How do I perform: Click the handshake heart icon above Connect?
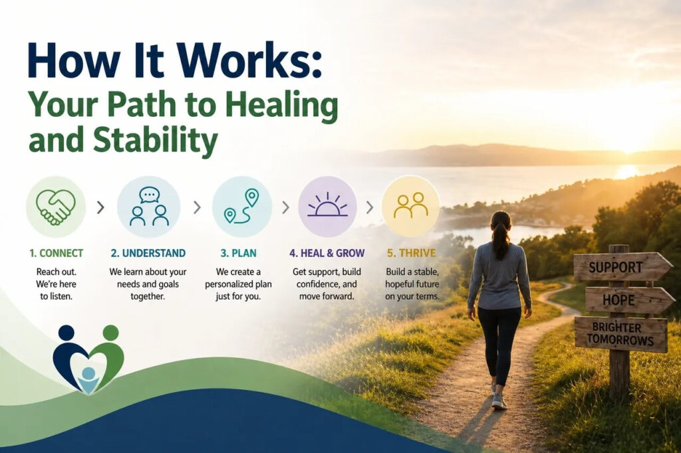56,207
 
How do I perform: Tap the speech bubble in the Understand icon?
150,195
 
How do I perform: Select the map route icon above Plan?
241,206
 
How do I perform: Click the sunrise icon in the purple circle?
327,205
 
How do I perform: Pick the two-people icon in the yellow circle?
410,205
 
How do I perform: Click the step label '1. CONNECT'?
57,253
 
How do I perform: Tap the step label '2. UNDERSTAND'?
148,253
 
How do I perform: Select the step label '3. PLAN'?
239,253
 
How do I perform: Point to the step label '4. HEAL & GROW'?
327,253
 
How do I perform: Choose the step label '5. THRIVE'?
411,253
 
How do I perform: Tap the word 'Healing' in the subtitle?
283,106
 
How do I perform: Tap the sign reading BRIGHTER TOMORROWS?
620,333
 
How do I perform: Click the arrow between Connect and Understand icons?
100,207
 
